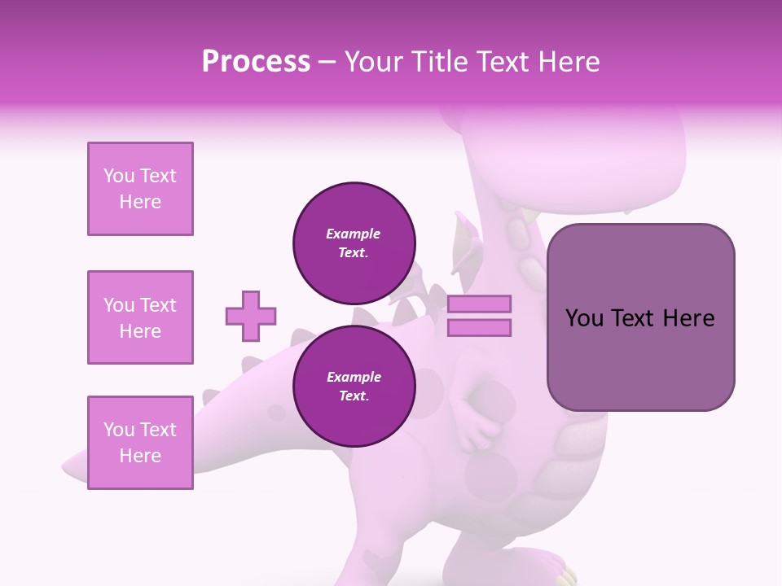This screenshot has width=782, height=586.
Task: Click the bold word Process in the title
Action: [256, 62]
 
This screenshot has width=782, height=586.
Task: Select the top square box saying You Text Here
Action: [140, 189]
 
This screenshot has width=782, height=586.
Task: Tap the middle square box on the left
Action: [140, 317]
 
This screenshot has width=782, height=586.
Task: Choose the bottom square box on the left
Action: [140, 443]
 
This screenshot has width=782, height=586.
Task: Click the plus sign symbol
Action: [251, 316]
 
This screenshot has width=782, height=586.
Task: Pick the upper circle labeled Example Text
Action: [354, 243]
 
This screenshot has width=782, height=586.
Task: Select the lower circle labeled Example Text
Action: [354, 386]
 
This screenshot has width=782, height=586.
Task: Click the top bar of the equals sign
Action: [479, 304]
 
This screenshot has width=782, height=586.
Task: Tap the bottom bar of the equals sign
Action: [479, 327]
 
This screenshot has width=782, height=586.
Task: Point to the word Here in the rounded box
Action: [688, 318]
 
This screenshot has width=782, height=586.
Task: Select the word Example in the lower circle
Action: [354, 377]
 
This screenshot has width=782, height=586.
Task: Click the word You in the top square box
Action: [119, 176]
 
